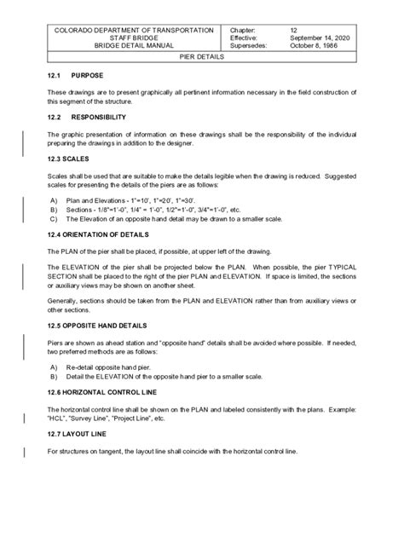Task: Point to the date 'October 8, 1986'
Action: [315, 46]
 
